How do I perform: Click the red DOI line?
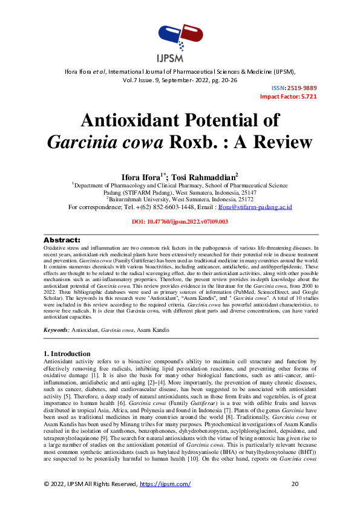(x=180, y=222)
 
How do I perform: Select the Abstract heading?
(x=63, y=240)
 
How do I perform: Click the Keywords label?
(x=57, y=329)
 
